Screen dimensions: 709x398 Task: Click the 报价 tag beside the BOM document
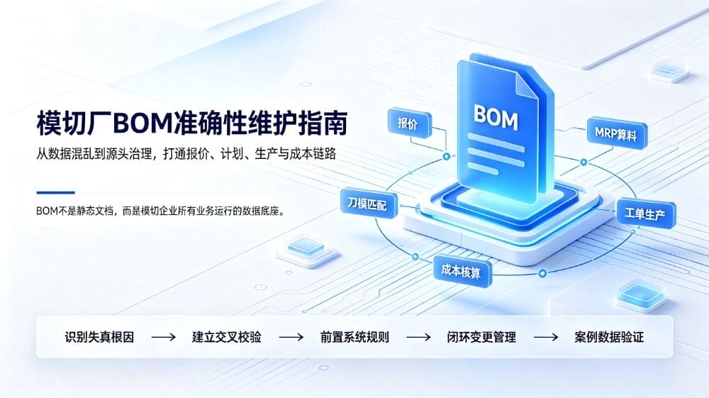click(409, 123)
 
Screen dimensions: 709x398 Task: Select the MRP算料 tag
click(617, 133)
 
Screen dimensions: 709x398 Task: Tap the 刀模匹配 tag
click(368, 204)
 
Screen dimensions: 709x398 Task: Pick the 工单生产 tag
click(646, 214)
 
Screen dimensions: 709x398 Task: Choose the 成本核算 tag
click(462, 271)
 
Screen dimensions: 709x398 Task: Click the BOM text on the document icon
click(495, 118)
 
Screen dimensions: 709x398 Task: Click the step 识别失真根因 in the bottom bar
click(99, 337)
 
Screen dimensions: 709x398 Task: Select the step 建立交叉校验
click(227, 337)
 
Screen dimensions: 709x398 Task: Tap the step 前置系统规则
click(354, 337)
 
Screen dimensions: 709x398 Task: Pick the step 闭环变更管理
click(481, 337)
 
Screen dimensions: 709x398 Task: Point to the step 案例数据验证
click(609, 337)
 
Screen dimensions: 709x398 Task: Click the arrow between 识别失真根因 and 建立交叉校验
click(163, 337)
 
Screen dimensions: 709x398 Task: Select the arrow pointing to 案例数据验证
click(546, 337)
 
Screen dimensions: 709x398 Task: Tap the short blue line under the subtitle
click(55, 193)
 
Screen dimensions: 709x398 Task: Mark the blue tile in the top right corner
click(669, 70)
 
